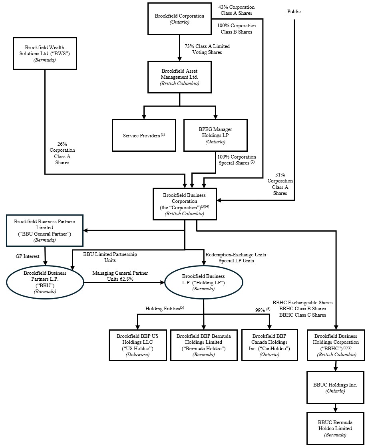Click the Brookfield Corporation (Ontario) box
[179, 19]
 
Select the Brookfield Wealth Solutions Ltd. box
[45, 53]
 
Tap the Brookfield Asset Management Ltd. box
[179, 77]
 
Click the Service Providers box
[144, 135]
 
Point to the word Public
[294, 12]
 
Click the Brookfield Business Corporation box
[185, 204]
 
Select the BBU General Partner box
[45, 230]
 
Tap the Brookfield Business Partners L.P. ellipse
[45, 282]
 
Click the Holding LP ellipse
[203, 282]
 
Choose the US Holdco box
[137, 345]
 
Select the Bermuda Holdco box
[203, 345]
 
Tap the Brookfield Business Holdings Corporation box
[336, 345]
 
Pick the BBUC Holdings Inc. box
[335, 387]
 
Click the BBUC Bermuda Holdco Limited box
[335, 428]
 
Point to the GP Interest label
[28, 256]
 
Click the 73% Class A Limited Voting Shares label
[207, 49]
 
